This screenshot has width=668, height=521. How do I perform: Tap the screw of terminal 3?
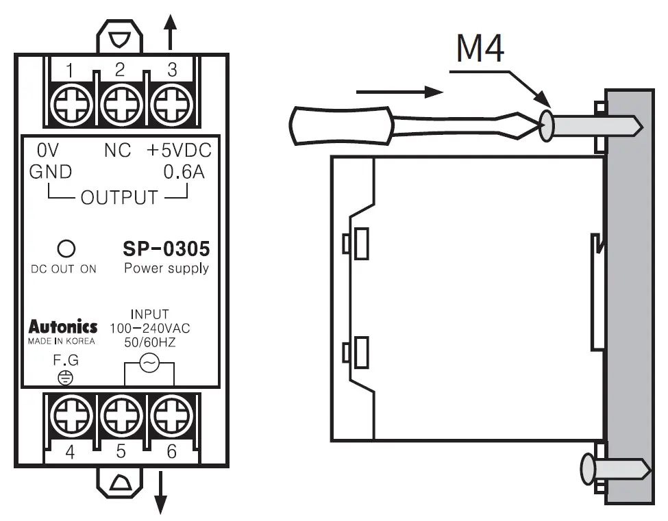pyautogui.click(x=169, y=104)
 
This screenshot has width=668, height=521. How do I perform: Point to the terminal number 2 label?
pyautogui.click(x=120, y=69)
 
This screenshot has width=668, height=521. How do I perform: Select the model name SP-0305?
pyautogui.click(x=166, y=249)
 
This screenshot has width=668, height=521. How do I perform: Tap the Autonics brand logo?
pyautogui.click(x=63, y=327)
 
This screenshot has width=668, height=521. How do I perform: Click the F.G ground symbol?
pyautogui.click(x=66, y=377)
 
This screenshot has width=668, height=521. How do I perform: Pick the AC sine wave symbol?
pyautogui.click(x=149, y=364)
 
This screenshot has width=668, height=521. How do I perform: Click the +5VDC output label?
pyautogui.click(x=179, y=151)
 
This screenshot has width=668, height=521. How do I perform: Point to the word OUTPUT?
pyautogui.click(x=119, y=198)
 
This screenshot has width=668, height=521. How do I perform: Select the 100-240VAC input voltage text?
pyautogui.click(x=150, y=329)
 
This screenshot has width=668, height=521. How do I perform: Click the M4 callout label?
pyautogui.click(x=480, y=49)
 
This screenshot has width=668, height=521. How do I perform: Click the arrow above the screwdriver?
pyautogui.click(x=401, y=91)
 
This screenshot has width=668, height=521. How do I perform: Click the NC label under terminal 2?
pyautogui.click(x=117, y=151)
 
